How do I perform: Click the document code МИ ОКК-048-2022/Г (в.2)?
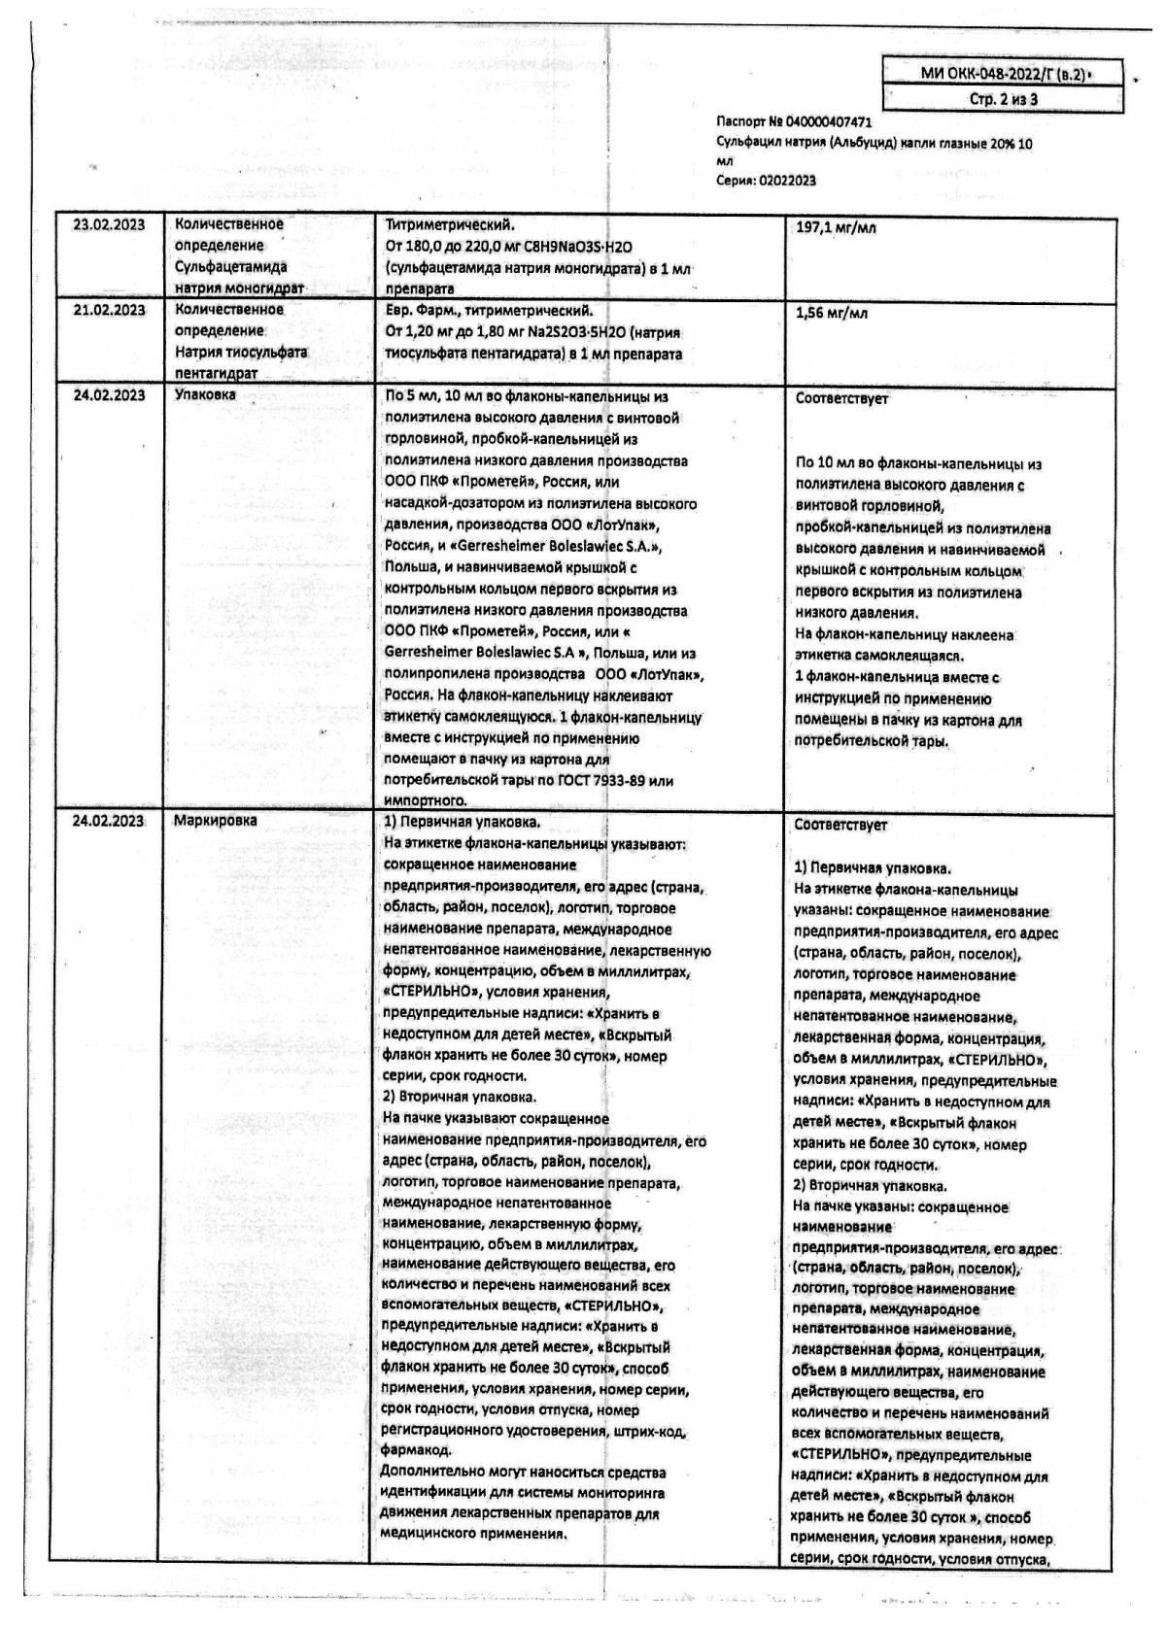pyautogui.click(x=1002, y=74)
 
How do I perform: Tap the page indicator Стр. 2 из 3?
pyautogui.click(x=1003, y=99)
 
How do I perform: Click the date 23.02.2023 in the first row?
pyautogui.click(x=109, y=225)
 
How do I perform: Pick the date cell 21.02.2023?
pyautogui.click(x=109, y=310)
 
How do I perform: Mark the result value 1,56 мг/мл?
pyautogui.click(x=832, y=313)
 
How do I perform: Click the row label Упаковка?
pyautogui.click(x=204, y=395)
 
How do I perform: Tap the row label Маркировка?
pyautogui.click(x=215, y=821)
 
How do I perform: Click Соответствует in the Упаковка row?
pyautogui.click(x=840, y=398)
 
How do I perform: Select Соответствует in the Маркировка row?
pyautogui.click(x=840, y=825)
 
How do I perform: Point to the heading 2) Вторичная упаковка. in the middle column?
pyautogui.click(x=460, y=1097)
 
